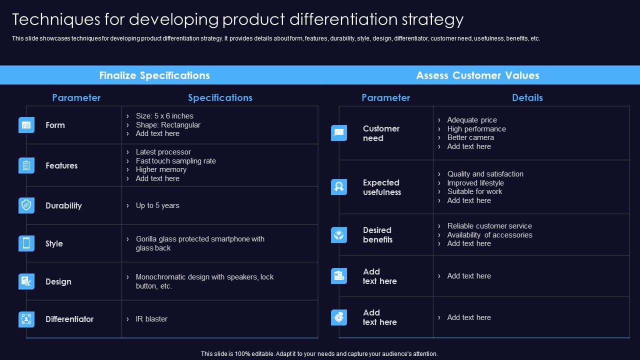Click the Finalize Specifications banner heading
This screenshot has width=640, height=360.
point(154,75)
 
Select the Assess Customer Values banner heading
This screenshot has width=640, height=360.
point(477,75)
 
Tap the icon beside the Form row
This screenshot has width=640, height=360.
point(26,125)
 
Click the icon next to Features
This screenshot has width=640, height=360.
point(26,165)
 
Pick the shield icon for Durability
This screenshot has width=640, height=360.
point(26,205)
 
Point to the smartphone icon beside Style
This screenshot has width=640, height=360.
point(26,243)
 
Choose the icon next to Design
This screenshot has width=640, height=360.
point(26,281)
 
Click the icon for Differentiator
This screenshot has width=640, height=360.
point(26,319)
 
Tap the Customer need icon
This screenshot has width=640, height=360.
point(339,133)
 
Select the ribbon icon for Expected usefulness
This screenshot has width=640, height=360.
point(339,187)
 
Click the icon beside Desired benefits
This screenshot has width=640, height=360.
point(339,235)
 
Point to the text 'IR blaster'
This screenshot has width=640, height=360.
point(151,319)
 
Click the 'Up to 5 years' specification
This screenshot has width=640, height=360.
point(157,205)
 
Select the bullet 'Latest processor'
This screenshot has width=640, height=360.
point(163,152)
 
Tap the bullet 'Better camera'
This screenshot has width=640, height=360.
point(470,137)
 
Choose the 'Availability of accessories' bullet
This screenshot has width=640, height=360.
point(489,235)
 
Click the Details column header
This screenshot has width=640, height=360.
point(527,98)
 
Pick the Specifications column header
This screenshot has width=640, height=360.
point(220,98)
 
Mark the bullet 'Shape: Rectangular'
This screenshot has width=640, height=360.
point(168,125)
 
